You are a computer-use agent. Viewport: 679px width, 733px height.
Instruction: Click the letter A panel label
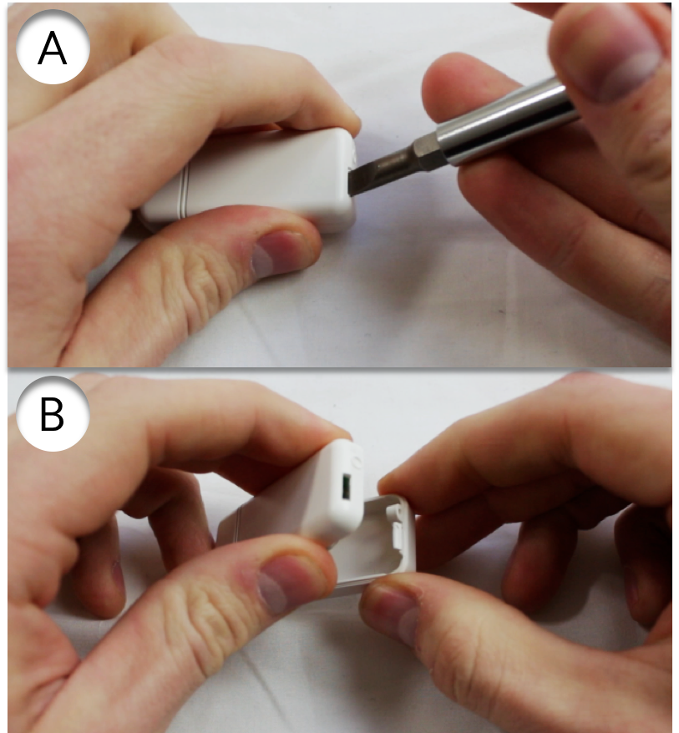[53, 48]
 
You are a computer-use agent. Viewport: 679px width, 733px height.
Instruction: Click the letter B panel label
[52, 415]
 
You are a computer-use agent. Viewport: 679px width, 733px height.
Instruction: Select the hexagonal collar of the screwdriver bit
[427, 148]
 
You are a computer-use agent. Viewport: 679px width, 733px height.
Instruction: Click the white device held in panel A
[248, 181]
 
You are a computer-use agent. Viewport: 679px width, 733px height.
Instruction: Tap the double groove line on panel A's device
[183, 192]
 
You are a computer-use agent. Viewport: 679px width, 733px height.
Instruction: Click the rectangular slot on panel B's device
[347, 486]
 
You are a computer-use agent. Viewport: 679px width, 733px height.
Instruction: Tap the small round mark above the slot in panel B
[357, 461]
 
